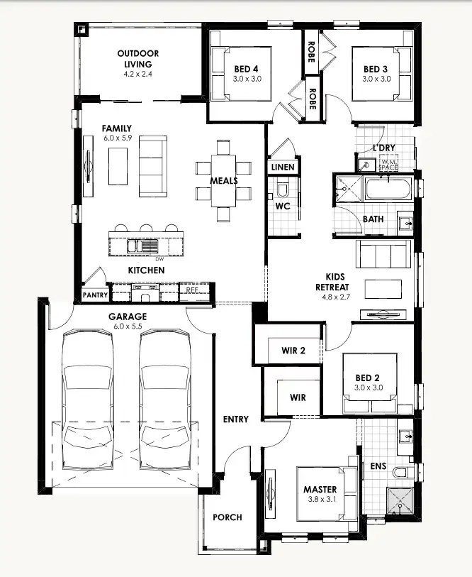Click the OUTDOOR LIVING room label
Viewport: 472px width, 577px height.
point(137,59)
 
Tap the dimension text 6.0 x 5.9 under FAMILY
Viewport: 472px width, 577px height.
point(117,139)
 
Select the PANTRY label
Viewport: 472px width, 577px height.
point(94,295)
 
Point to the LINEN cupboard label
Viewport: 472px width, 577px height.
point(283,167)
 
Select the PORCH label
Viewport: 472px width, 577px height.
point(227,517)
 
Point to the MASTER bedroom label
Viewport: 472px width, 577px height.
point(320,489)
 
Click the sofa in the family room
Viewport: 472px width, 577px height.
point(151,167)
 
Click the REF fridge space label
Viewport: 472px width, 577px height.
point(192,290)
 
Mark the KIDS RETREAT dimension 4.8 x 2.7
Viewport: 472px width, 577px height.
point(335,298)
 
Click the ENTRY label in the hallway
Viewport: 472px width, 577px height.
point(235,419)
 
